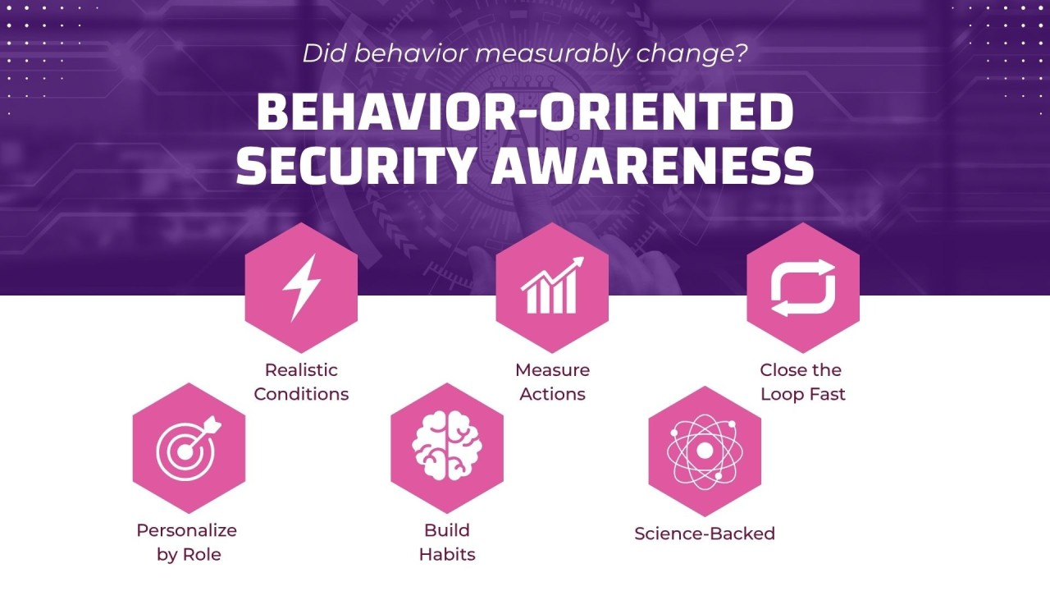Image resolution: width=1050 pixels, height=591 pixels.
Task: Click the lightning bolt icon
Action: [301, 287]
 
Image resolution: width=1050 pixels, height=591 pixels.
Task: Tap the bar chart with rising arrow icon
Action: [552, 286]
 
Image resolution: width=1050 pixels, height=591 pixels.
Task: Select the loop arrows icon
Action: [802, 287]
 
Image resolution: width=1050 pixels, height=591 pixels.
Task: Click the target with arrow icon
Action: [189, 447]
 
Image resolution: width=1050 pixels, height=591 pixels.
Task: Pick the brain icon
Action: [447, 447]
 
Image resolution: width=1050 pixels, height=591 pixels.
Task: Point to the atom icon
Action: [705, 451]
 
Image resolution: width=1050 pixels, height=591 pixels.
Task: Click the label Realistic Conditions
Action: [301, 382]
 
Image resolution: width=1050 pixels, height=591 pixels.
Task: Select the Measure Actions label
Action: [552, 382]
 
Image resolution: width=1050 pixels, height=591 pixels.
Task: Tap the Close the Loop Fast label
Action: [802, 382]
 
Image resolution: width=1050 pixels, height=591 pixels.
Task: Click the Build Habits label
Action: [447, 542]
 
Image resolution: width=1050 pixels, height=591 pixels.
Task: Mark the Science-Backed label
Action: [705, 534]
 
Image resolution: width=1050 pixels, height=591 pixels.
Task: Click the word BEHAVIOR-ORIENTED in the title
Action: [525, 112]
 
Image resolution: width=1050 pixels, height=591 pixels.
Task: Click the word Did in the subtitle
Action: [321, 54]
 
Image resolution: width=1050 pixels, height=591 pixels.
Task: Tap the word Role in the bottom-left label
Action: [203, 554]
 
